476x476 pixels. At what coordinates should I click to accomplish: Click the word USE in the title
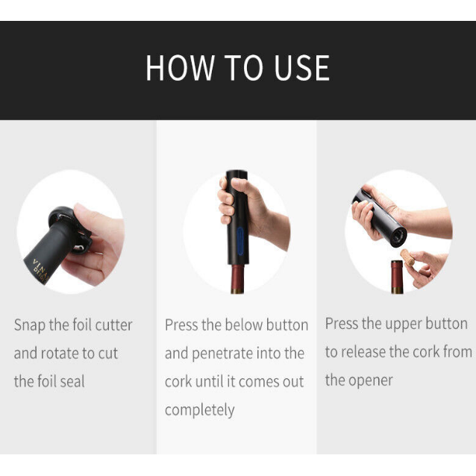[300, 68]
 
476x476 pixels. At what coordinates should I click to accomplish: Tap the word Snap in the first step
[29, 325]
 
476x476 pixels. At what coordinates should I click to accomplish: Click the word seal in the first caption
[71, 381]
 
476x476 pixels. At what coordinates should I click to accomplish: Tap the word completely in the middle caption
[199, 410]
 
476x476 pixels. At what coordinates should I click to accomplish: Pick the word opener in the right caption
[370, 380]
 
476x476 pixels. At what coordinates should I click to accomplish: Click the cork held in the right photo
[410, 256]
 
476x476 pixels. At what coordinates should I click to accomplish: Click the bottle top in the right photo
[397, 275]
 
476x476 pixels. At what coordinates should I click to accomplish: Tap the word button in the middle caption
[286, 325]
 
